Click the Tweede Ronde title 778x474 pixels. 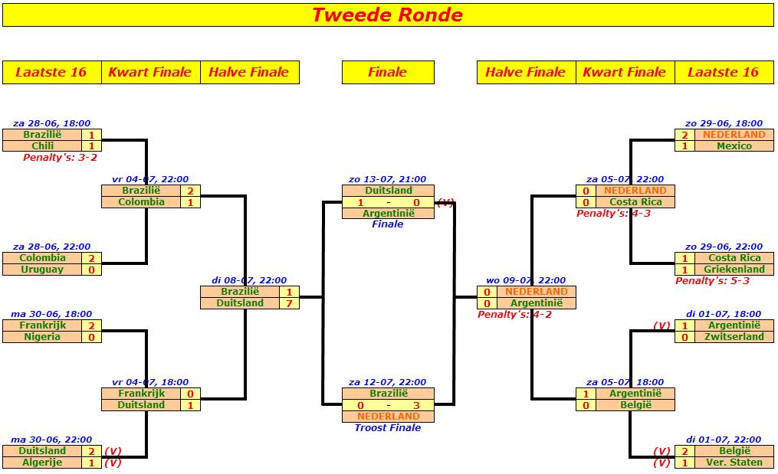click(x=387, y=15)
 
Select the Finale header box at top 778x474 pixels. click(x=388, y=73)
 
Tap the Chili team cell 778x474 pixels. click(x=42, y=145)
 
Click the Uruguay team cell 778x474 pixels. click(x=42, y=270)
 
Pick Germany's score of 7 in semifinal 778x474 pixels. click(x=289, y=303)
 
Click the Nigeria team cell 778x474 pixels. click(x=42, y=337)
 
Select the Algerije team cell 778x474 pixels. click(x=42, y=462)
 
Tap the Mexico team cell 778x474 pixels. click(x=734, y=145)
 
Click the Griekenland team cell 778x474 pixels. click(x=734, y=270)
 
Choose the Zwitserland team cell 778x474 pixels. click(x=734, y=337)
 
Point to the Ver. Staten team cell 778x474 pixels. click(x=734, y=462)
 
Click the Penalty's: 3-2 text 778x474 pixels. click(x=60, y=158)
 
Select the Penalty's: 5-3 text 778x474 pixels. click(x=712, y=280)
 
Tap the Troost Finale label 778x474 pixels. click(x=388, y=428)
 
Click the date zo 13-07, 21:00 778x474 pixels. click(x=387, y=179)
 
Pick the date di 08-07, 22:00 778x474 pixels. click(x=249, y=280)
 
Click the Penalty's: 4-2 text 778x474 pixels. click(x=514, y=315)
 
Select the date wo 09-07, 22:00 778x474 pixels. click(x=526, y=280)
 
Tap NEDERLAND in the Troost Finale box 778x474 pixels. click(x=389, y=417)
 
